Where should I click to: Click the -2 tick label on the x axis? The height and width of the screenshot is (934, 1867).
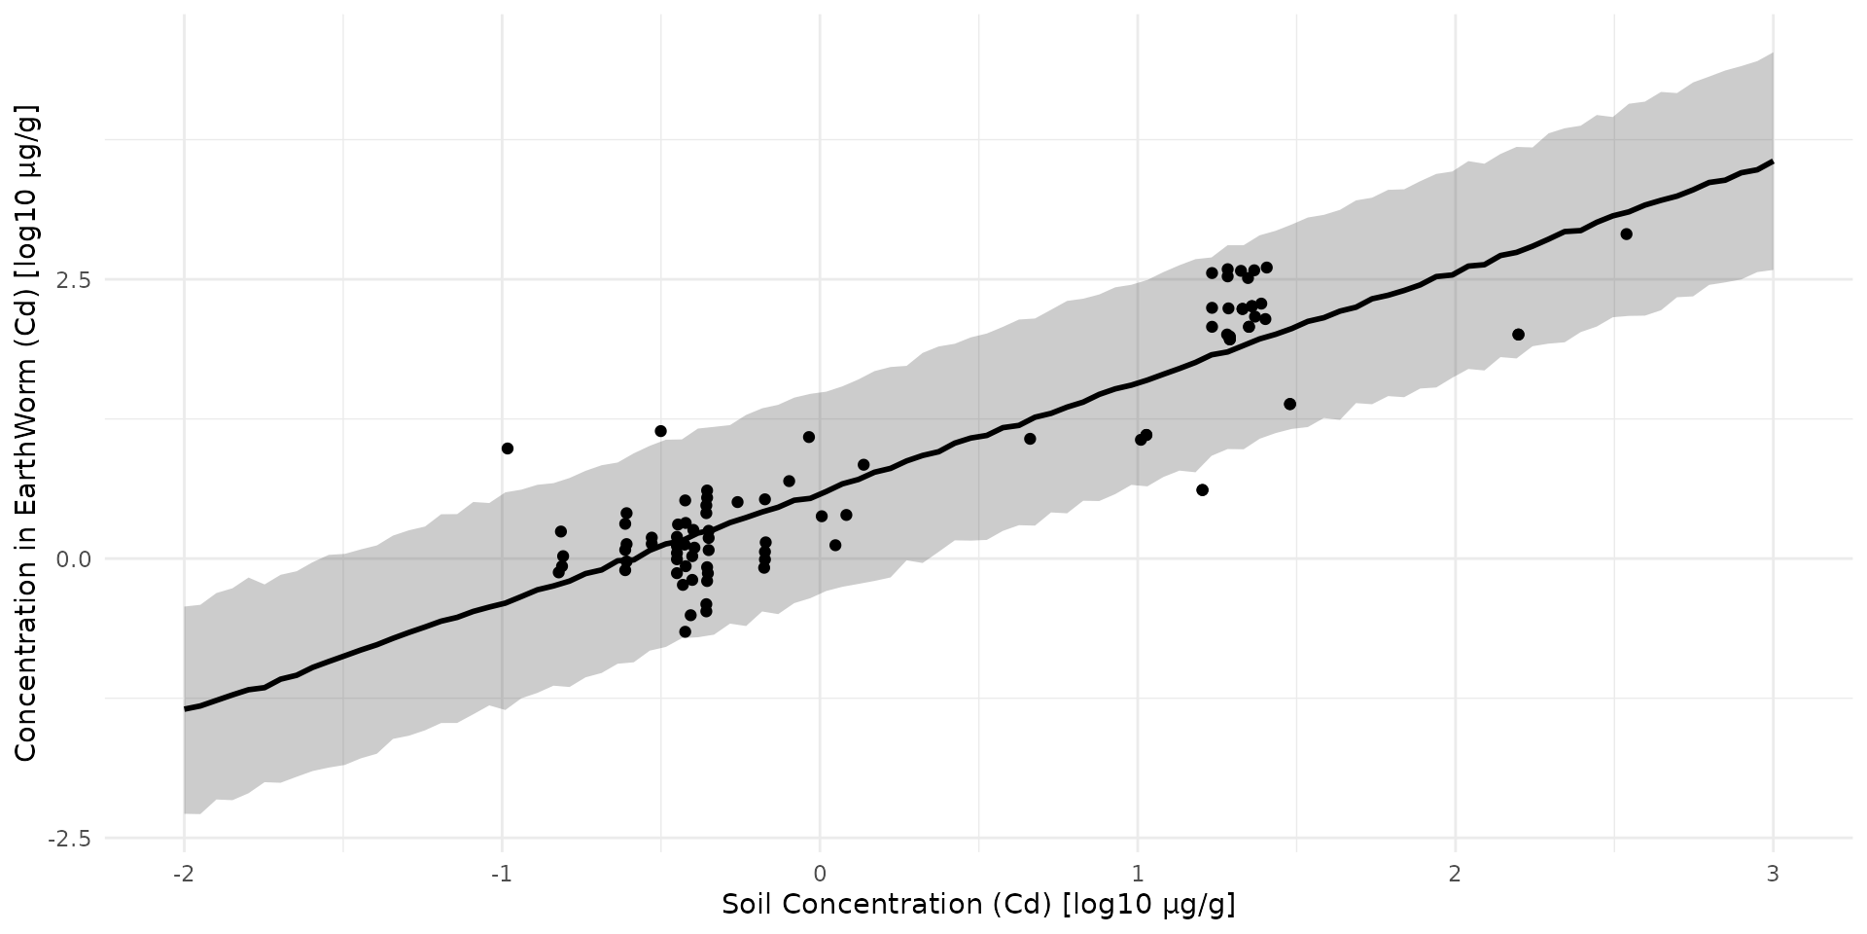pos(183,874)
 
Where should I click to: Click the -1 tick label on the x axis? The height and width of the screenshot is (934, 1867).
pos(501,874)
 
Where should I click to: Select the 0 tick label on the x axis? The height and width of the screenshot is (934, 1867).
pos(820,874)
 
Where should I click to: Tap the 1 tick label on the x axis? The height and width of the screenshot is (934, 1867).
pos(1138,874)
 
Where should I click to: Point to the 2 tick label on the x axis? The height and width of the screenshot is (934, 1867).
pos(1455,874)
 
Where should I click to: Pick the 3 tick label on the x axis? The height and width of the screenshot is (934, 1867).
pos(1773,874)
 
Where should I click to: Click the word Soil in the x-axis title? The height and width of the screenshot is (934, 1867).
pos(748,905)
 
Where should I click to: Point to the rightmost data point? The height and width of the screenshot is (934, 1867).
pos(1626,234)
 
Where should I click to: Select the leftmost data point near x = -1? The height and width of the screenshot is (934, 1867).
pos(508,449)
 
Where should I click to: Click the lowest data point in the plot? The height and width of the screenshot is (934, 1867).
pos(685,631)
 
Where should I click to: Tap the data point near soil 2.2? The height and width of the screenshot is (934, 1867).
pos(1518,335)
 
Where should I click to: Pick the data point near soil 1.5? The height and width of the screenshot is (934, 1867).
pos(1289,404)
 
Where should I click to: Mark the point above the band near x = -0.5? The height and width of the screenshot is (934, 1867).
pos(661,431)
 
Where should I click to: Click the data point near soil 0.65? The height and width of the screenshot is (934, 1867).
pos(1030,439)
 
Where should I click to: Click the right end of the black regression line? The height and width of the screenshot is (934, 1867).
pos(1772,162)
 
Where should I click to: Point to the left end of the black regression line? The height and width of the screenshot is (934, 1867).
pos(185,708)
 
